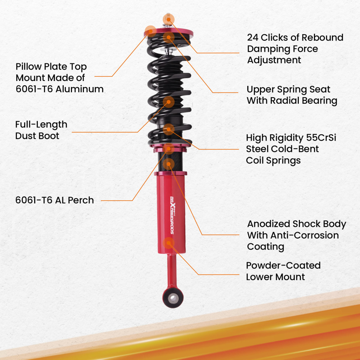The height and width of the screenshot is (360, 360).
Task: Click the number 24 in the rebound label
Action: (x=253, y=37)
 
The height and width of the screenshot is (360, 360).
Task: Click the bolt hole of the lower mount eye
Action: (x=173, y=298)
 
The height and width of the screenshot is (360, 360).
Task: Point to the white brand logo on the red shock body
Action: (x=172, y=215)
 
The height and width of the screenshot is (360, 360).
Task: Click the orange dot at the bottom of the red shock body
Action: (x=168, y=243)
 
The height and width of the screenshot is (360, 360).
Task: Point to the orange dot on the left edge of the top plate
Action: (x=150, y=31)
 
